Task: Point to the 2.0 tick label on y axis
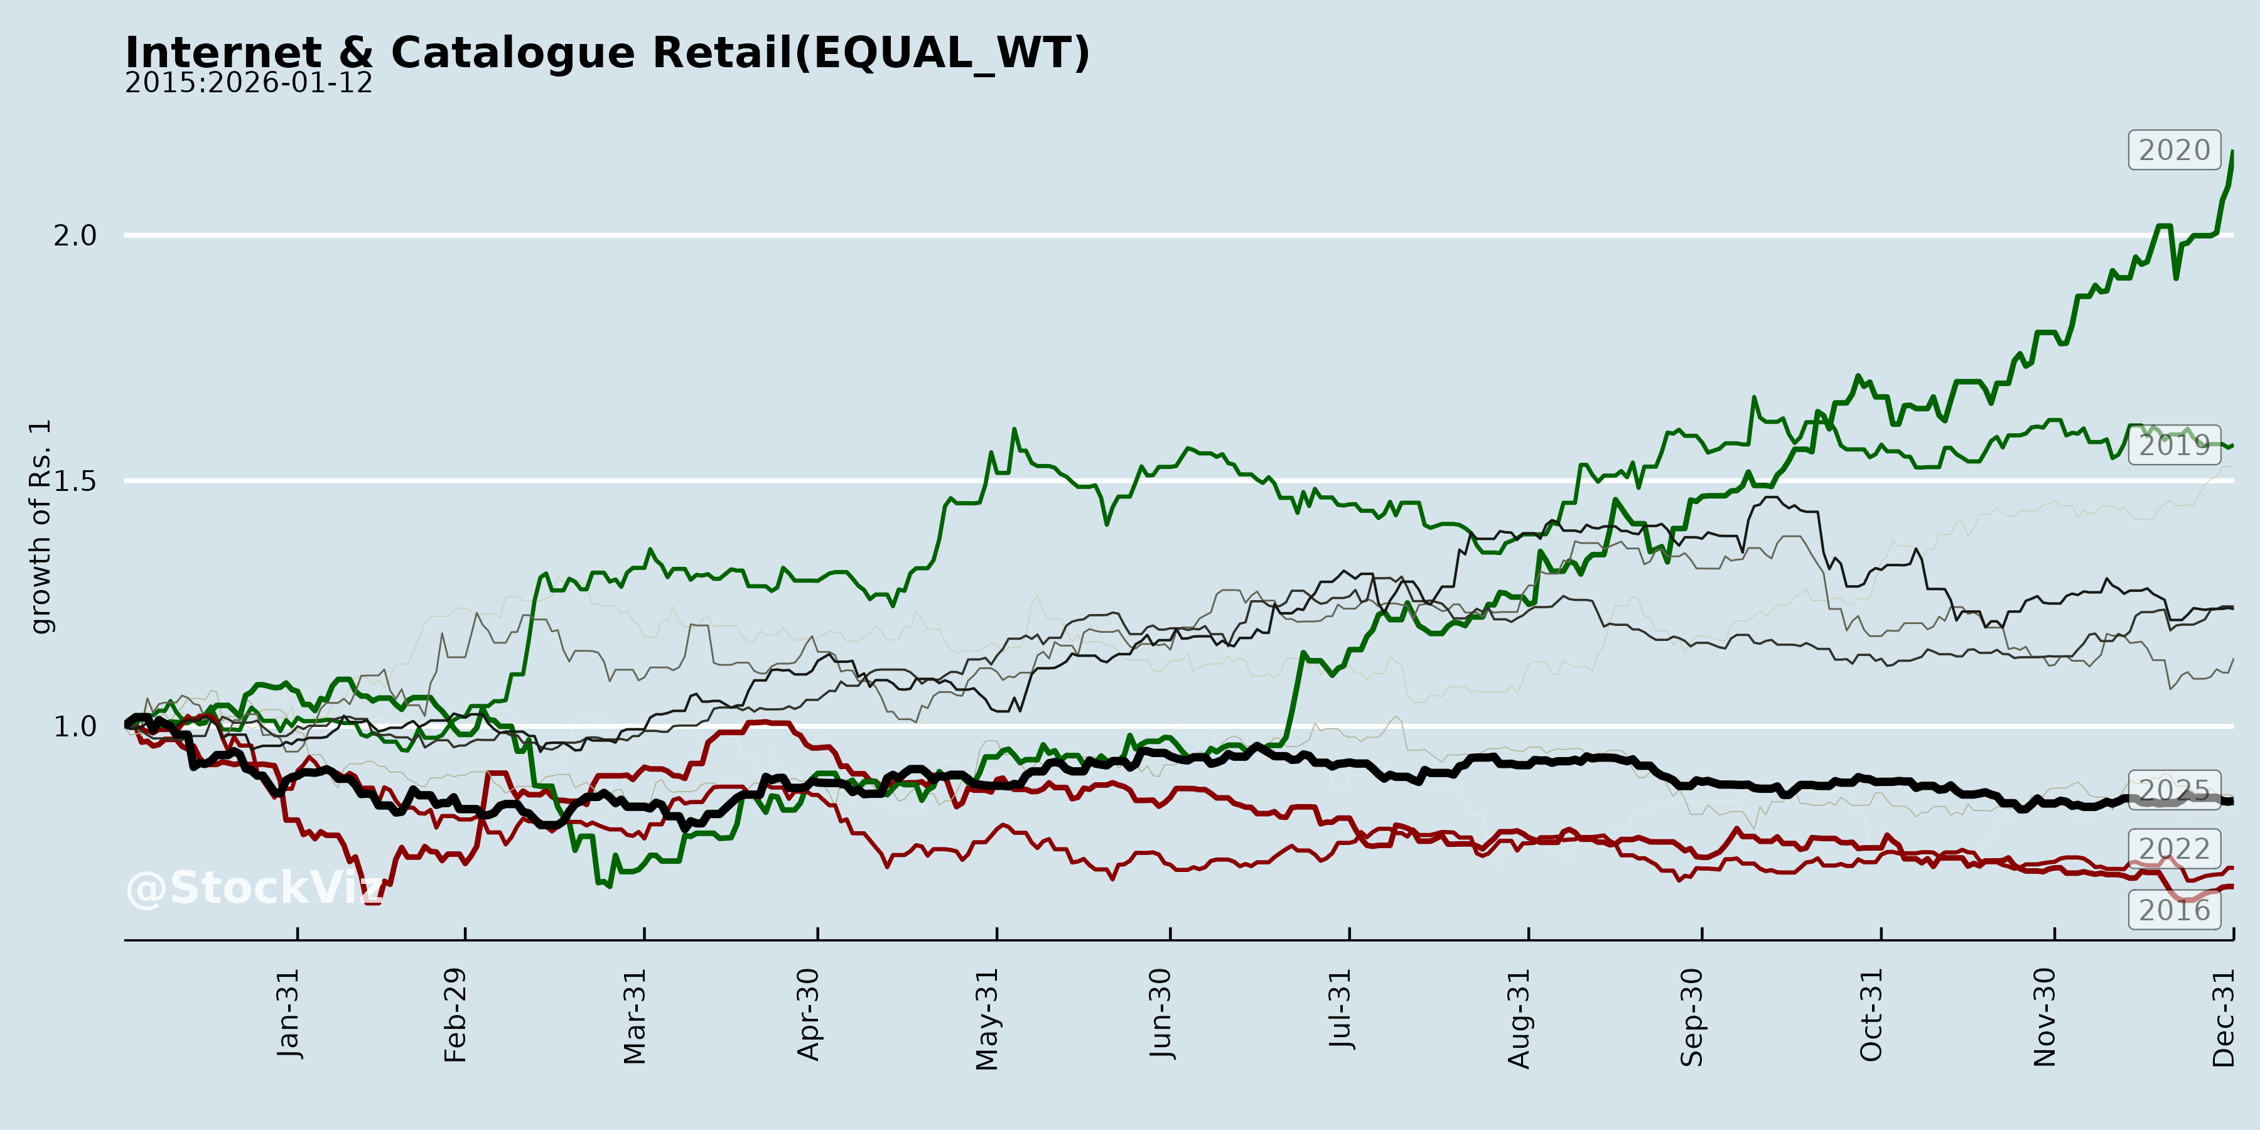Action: [75, 235]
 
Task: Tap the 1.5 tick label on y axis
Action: [75, 481]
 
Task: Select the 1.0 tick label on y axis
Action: [75, 726]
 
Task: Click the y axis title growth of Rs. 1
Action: [40, 527]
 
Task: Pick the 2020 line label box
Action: [2174, 150]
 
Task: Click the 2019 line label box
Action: [2174, 445]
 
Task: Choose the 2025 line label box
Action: [2174, 790]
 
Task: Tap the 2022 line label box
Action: [2174, 848]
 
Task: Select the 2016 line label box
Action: [2174, 910]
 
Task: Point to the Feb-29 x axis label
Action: [455, 1015]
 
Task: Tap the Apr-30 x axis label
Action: [808, 1014]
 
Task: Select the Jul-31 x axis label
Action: [1340, 1009]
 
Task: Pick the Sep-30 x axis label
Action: [1692, 1017]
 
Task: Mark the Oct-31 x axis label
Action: [1871, 1014]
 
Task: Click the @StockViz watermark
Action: [254, 888]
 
